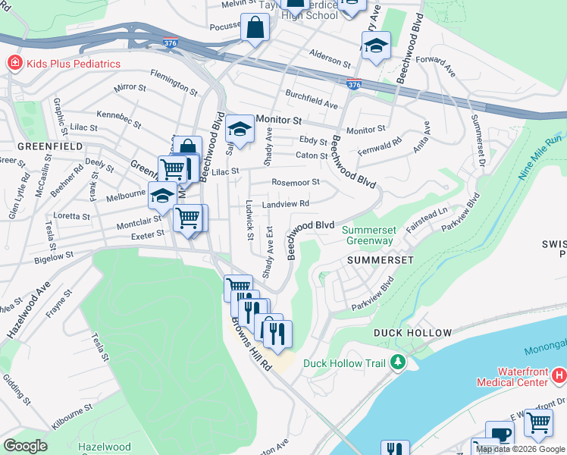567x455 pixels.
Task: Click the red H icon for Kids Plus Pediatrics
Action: point(14,64)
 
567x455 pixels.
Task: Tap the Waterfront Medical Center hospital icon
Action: point(559,375)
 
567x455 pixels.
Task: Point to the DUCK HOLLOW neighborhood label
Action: point(412,333)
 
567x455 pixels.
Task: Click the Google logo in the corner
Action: point(25,446)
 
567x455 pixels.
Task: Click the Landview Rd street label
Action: point(286,204)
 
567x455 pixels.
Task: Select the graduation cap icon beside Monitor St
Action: point(240,129)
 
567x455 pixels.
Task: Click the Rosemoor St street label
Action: point(296,182)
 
